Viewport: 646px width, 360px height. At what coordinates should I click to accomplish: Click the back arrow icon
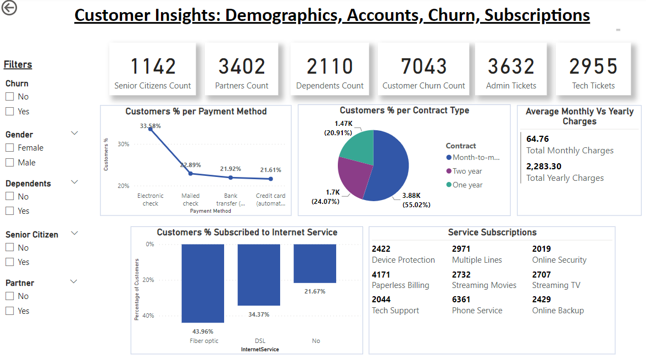pos(9,8)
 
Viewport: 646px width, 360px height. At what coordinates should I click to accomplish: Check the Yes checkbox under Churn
pos(9,112)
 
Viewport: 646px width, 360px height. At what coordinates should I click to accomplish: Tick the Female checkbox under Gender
pos(9,148)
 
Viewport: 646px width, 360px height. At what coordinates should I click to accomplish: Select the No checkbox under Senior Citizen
pos(9,248)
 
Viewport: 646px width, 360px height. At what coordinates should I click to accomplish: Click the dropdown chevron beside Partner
pos(75,281)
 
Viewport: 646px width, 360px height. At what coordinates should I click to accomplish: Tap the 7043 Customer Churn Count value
pos(424,67)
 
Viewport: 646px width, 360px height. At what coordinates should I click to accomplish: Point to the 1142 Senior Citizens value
pos(153,67)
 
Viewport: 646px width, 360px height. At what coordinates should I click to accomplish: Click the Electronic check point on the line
pos(151,129)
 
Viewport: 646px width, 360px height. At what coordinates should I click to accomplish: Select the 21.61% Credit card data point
pos(271,179)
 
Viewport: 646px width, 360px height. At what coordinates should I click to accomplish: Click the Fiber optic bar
pos(203,283)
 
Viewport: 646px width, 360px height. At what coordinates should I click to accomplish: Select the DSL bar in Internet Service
pos(259,275)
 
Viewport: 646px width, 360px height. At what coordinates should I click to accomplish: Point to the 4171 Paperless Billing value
pos(381,274)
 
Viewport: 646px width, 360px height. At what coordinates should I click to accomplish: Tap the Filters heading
pos(18,65)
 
